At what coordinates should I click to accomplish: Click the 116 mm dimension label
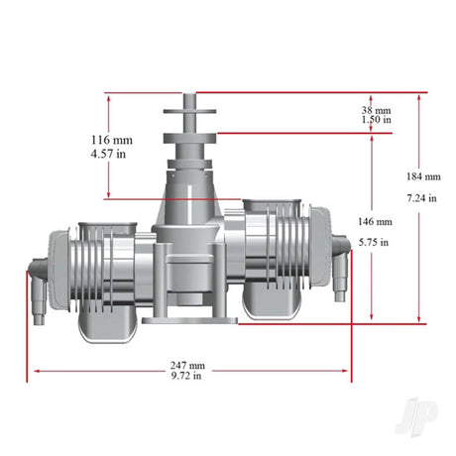coord(112,140)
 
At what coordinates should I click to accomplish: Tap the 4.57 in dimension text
coord(108,154)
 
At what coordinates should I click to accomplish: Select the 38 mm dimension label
coord(376,110)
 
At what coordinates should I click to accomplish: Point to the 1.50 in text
coord(377,119)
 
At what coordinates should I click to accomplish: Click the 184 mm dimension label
coord(423,176)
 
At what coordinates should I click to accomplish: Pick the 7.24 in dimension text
coord(421,198)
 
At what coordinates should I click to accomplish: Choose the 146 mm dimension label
coord(375,221)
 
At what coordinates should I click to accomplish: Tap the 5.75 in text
coord(374,243)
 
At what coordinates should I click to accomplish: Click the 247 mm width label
coord(187,366)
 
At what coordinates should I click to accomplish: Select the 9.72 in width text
coord(186,376)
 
